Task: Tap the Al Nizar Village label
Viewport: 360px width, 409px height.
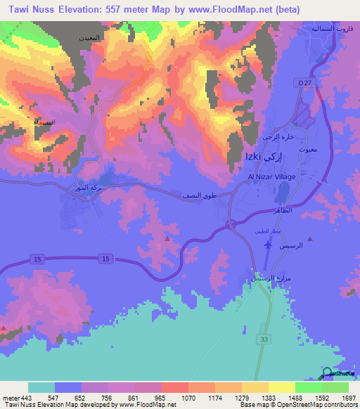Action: pyautogui.click(x=271, y=176)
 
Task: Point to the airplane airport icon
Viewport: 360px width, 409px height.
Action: pyautogui.click(x=267, y=245)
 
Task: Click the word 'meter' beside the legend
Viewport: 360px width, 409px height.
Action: pyautogui.click(x=11, y=398)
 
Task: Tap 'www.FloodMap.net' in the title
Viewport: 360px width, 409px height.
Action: pyautogui.click(x=236, y=10)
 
